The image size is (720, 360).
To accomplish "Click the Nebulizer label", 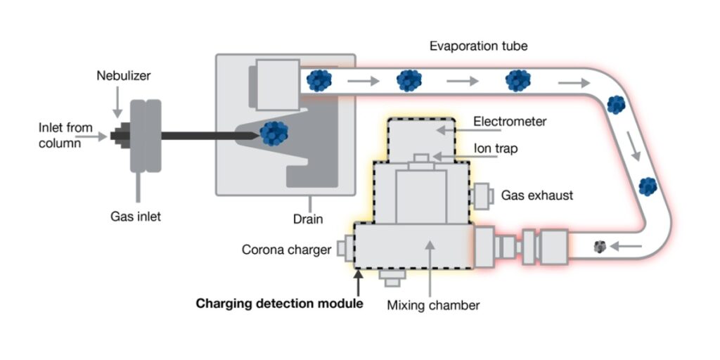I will [124, 75].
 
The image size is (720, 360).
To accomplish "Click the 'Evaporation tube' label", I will [478, 46].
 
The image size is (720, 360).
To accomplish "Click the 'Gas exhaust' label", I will [537, 195].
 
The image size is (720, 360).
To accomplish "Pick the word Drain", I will [308, 219].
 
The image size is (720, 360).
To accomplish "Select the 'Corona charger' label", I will [286, 250].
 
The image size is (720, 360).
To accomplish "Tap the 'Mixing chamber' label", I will [434, 305].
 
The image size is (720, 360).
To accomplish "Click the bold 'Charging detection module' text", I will [279, 304].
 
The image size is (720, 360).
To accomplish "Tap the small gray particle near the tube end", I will [600, 246].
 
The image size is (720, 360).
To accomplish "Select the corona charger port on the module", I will [344, 248].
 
